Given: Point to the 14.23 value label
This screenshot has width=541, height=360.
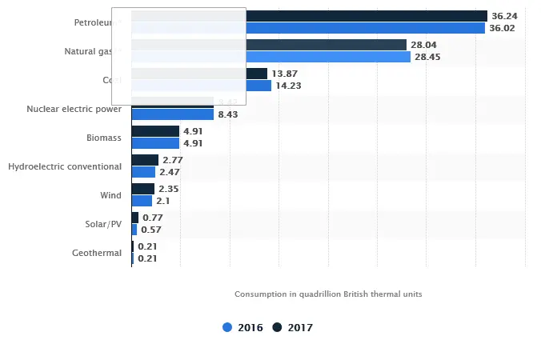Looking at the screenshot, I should coord(288,86).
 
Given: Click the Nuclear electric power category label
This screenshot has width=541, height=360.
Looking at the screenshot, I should coord(74,109).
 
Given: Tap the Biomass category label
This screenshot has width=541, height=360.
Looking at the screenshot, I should coord(104,138).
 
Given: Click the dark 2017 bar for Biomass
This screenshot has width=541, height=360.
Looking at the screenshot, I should coord(155,131).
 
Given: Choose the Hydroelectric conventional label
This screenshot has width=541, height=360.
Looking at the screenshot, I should coord(65,166).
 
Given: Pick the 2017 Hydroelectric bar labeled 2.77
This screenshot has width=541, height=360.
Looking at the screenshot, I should coord(145,160).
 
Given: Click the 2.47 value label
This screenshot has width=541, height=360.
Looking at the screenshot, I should coord(170,172).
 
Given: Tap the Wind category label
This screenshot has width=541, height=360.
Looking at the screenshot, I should coord(110,195).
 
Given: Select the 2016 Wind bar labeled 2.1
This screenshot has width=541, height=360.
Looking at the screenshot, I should coord(142,201).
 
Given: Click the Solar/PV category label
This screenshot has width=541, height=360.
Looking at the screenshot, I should coord(103,224).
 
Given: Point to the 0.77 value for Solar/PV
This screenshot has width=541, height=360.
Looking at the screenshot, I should coord(152,218).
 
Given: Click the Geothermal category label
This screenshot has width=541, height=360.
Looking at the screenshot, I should coord(97,253).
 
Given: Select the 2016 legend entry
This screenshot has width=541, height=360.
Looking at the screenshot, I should coord(242,327).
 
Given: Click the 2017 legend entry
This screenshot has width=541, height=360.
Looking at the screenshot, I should coord(293,327).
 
